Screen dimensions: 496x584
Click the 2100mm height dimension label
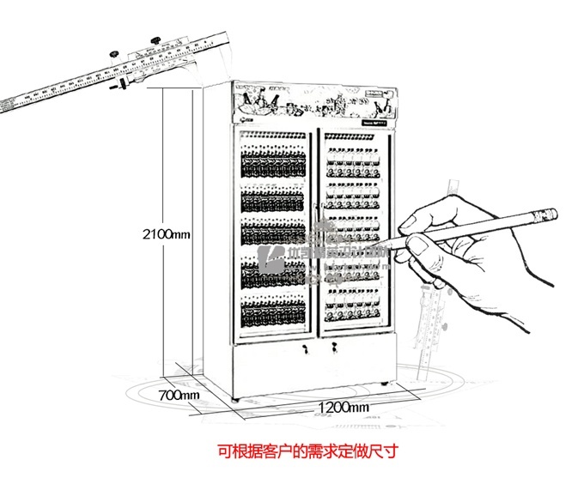pos(167,233)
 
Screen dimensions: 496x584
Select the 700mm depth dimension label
pos(179,395)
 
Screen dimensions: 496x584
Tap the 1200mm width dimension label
pos(343,406)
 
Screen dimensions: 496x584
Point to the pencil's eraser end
pos(552,213)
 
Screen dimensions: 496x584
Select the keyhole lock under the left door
pos(305,348)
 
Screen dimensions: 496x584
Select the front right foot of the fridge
pos(381,383)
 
